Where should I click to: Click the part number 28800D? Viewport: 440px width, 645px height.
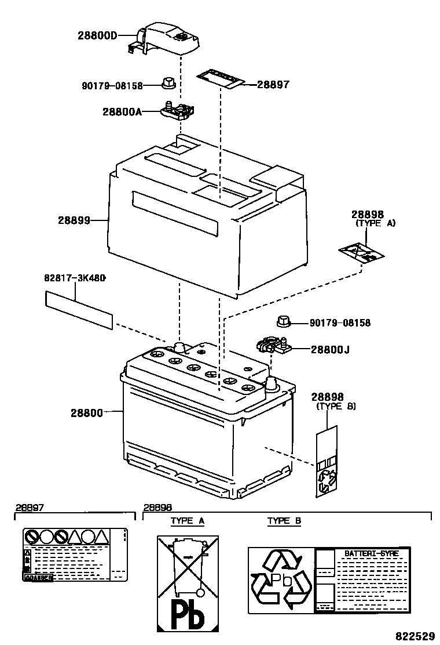click(97, 35)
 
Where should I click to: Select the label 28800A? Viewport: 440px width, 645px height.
click(122, 111)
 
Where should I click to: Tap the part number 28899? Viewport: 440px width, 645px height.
click(74, 220)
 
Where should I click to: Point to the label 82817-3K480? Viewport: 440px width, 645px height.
click(75, 278)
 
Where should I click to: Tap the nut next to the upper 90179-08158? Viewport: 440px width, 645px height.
click(168, 85)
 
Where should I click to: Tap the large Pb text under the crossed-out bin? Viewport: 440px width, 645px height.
click(188, 615)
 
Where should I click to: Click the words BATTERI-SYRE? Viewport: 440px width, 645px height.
click(371, 553)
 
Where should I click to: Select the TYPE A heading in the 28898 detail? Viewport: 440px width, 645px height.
click(187, 521)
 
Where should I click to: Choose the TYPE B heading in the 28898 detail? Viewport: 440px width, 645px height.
click(284, 521)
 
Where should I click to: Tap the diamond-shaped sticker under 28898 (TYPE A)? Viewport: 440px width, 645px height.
click(361, 253)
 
